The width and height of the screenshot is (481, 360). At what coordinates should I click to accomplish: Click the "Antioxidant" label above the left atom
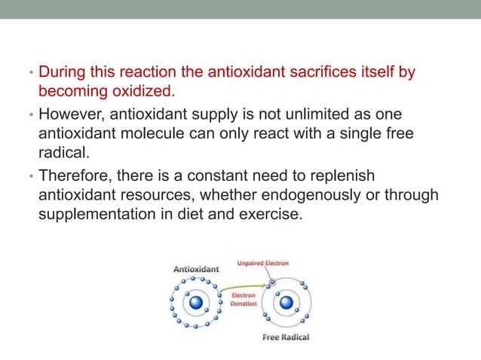click(x=197, y=268)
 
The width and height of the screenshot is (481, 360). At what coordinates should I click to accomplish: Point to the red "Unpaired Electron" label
click(x=263, y=264)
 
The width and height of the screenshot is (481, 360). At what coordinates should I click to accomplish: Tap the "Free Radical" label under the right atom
click(x=286, y=337)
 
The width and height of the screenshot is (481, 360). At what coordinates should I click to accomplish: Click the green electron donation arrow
click(x=243, y=285)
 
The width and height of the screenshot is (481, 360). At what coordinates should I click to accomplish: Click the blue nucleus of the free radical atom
click(x=286, y=304)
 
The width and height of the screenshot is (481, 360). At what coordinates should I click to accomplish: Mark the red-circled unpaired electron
click(x=273, y=282)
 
